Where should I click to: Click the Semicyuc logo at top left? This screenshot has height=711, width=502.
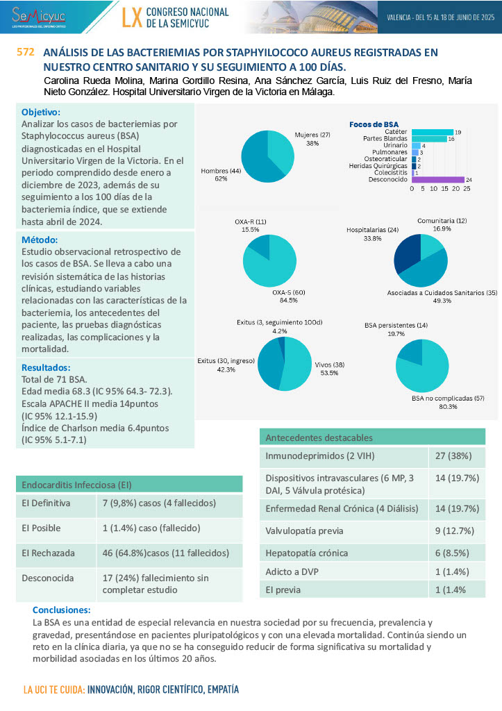(38, 15)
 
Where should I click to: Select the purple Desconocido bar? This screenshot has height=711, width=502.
(438, 179)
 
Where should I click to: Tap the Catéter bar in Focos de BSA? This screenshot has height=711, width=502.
(432, 132)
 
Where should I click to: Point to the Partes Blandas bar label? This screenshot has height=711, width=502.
(386, 139)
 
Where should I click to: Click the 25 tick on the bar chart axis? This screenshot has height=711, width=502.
(467, 189)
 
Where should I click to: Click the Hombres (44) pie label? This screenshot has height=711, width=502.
(221, 171)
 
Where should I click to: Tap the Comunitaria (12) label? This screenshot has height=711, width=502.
(442, 221)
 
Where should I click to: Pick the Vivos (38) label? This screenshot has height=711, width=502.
(329, 365)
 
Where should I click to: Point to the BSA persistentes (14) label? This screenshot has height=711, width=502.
(396, 325)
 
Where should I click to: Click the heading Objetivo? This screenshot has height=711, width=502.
(41, 112)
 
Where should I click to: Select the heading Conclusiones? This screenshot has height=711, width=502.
(62, 610)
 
